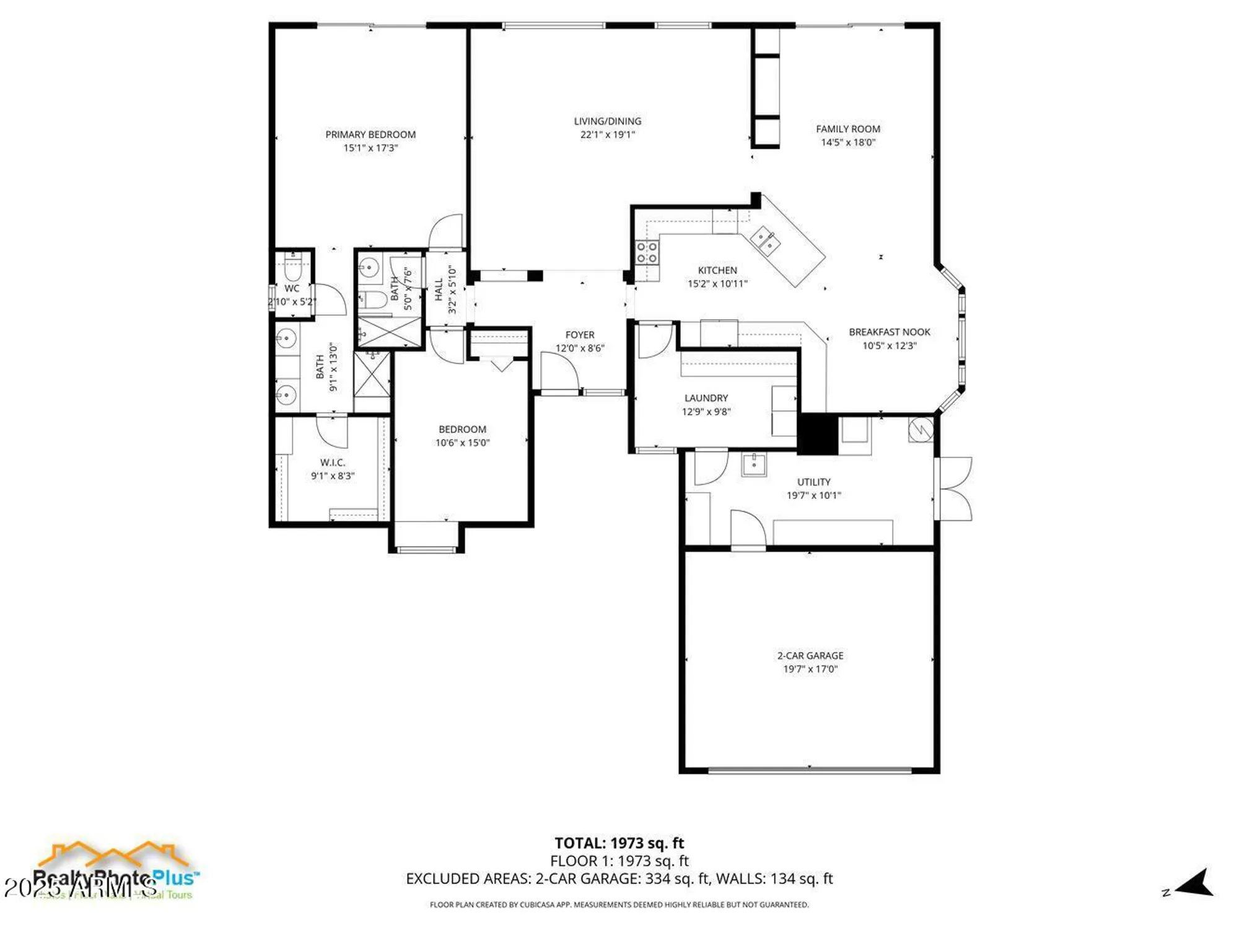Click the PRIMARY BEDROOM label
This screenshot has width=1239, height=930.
[370, 135]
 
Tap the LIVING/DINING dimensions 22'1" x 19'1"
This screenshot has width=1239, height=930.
[607, 135]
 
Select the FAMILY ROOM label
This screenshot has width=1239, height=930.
[847, 129]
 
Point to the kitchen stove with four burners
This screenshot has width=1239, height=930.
[647, 252]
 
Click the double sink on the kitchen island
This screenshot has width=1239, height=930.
[766, 241]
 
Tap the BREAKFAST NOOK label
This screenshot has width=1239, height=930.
[889, 332]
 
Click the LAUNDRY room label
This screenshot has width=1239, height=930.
[706, 398]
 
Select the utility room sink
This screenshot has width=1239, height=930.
[754, 464]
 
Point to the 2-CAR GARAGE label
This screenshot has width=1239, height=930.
[810, 655]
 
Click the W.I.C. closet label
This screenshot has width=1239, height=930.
[332, 463]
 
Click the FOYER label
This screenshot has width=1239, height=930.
[579, 335]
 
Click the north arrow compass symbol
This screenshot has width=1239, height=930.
[1194, 883]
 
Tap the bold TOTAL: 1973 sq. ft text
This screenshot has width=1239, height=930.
[619, 843]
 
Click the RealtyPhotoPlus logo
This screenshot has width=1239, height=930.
[115, 871]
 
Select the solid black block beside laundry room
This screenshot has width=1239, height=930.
[817, 433]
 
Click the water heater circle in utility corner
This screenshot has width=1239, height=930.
[921, 428]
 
